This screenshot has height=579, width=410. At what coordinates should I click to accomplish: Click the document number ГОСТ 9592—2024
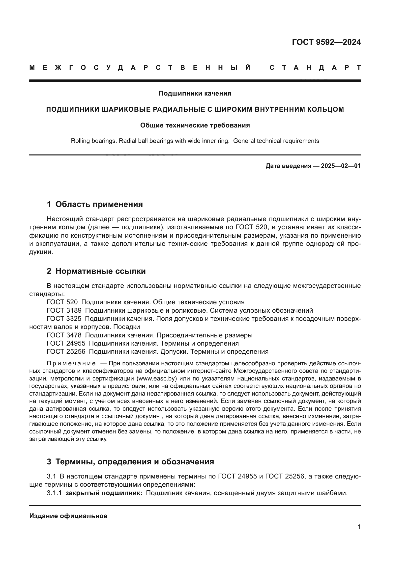pos(326,42)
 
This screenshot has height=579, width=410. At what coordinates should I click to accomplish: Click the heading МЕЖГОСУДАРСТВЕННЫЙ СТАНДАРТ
pos(195,68)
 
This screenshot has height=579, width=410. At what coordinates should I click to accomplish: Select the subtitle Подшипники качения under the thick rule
pos(195,94)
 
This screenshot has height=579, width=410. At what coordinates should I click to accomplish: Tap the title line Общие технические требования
pos(195,125)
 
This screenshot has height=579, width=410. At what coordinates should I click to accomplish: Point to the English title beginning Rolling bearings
pos(195,141)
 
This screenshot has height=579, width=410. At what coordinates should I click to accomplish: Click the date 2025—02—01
pos(341,166)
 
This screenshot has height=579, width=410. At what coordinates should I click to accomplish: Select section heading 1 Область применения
pos(95,204)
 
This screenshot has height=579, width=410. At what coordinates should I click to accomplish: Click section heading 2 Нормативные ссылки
pos(96,271)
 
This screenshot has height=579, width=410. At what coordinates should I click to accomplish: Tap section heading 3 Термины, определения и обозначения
pos(130,462)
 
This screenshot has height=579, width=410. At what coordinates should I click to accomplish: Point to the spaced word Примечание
pos(71,363)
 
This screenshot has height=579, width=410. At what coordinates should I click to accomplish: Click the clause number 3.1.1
pos(54,493)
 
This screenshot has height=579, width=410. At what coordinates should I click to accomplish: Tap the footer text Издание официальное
pos(68,516)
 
